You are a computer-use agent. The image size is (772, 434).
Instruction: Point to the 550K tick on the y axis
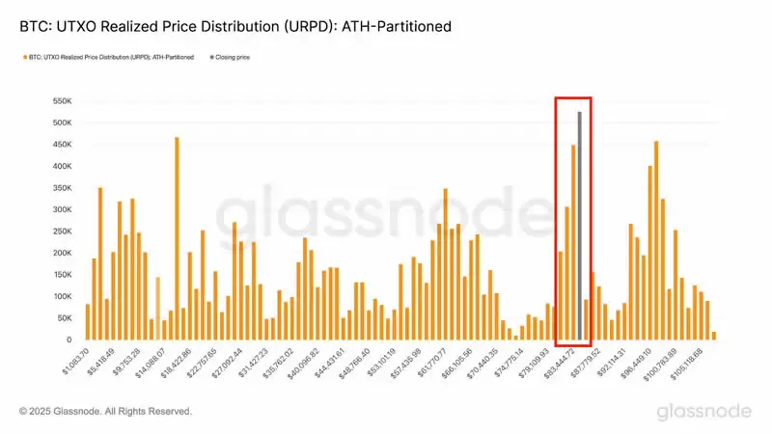point(61,100)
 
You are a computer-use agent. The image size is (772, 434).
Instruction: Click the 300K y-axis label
point(61,209)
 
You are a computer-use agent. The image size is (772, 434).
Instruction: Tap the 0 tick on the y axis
point(69,340)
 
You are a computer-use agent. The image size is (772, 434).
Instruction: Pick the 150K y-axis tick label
point(61,275)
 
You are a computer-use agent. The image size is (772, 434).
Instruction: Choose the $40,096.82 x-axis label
point(298,365)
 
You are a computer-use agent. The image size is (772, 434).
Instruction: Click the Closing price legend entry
point(230,58)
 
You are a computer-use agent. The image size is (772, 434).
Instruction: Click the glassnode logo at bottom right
point(703,412)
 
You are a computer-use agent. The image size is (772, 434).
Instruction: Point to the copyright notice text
point(105,412)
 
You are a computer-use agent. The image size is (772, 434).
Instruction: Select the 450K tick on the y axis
point(61,144)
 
